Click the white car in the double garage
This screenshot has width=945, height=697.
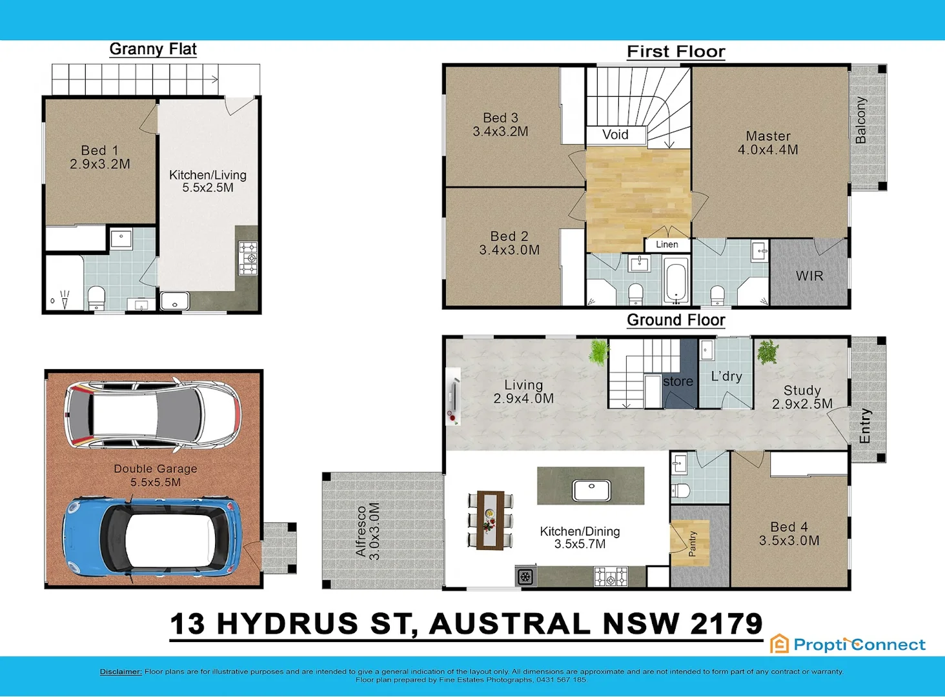coord(152,414)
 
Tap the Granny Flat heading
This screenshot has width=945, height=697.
coord(153,49)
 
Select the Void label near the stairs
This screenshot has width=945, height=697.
coord(615,134)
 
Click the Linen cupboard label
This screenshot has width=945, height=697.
coord(667,245)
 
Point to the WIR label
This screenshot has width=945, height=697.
coord(809,276)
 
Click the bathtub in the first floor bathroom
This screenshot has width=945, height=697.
coord(676,281)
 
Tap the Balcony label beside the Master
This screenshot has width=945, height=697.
coord(860,120)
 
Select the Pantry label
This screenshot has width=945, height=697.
coord(693,543)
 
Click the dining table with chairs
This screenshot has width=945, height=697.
coord(490,520)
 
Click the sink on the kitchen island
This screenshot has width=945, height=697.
coord(591,490)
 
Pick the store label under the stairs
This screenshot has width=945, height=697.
coord(678,381)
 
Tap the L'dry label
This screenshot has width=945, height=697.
coord(726,376)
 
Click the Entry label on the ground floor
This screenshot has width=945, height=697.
coord(865,426)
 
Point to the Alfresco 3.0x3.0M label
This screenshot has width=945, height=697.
coord(367,530)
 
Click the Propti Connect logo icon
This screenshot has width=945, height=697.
coord(780,643)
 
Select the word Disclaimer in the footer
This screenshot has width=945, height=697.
coord(121,672)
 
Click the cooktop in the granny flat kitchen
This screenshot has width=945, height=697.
coord(248,258)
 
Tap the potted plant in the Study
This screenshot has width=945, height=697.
coord(767,352)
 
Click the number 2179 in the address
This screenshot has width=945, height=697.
coord(726,624)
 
